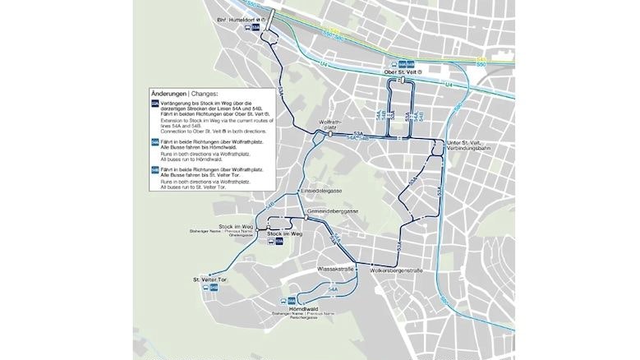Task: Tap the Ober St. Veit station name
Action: point(403,72)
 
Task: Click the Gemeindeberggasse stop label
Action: point(329,211)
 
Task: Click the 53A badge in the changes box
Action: point(155,104)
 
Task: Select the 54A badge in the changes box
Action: point(155,143)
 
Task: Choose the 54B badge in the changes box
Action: point(155,169)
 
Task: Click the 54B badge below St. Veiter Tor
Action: point(214,288)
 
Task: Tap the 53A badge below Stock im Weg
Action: point(279,242)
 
